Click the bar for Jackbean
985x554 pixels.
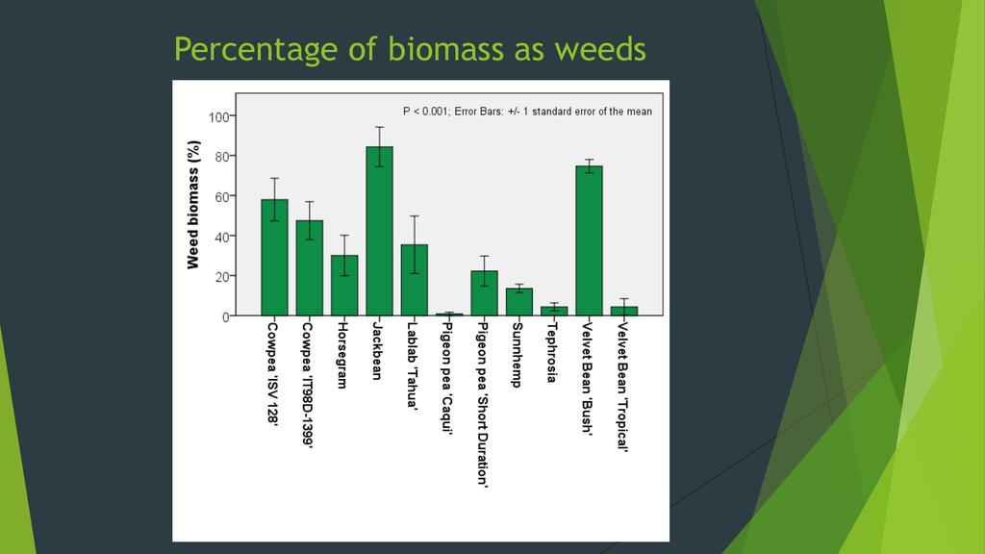[379, 231]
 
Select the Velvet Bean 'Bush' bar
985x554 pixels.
[589, 240]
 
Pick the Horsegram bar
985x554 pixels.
[344, 285]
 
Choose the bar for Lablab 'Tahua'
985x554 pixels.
[415, 280]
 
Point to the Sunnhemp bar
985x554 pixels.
[519, 301]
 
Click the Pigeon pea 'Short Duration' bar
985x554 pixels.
[485, 292]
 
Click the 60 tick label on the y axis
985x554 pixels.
[221, 196]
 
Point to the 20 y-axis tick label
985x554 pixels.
[221, 276]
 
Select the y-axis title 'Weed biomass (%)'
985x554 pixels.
[193, 205]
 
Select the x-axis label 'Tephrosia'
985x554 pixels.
[552, 351]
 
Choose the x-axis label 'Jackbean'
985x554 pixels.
[377, 350]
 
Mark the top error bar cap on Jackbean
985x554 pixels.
[379, 127]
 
